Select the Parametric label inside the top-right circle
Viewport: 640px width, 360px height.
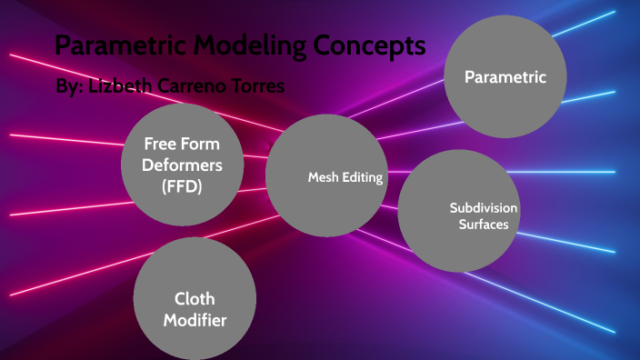pyautogui.click(x=505, y=77)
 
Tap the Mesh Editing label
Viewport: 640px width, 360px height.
pyautogui.click(x=345, y=176)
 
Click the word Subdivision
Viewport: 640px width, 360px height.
pyautogui.click(x=484, y=208)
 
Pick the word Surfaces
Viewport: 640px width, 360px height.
pyautogui.click(x=484, y=225)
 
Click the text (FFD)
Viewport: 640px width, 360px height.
pyautogui.click(x=182, y=186)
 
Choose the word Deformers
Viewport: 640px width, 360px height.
pyautogui.click(x=182, y=165)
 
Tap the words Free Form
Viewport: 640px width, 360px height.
pyautogui.click(x=182, y=145)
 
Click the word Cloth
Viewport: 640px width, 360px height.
pyautogui.click(x=194, y=298)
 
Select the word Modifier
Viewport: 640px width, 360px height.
pyautogui.click(x=194, y=319)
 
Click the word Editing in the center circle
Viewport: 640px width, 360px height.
pyautogui.click(x=362, y=176)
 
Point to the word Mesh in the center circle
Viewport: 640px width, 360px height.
pyautogui.click(x=323, y=176)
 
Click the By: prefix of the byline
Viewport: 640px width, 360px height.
pyautogui.click(x=69, y=87)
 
